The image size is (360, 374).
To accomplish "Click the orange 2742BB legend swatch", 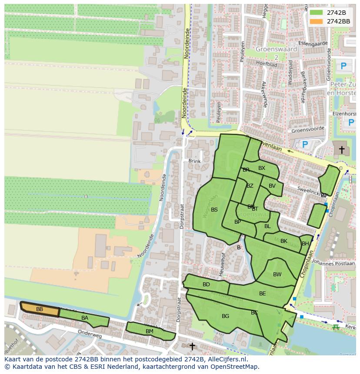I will pos(317,21).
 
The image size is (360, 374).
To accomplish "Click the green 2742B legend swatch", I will pos(317,13).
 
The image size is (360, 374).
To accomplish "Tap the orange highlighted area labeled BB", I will pos(40,309).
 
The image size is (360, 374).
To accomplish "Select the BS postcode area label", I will pos(214,210).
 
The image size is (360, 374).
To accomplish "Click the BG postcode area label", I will pos(225,316).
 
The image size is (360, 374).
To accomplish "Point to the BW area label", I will pos(277,275).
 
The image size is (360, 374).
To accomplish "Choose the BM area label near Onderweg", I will pos(150,331).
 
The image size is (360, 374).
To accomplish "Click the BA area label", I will pos(85,318).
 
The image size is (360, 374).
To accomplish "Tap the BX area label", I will pos(262,168).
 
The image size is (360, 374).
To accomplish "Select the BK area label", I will pos(284,241).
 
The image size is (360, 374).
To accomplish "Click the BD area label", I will pos(206,285).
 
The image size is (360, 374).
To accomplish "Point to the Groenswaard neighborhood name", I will pos(277,49).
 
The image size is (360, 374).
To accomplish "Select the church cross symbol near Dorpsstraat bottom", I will pos(192,346).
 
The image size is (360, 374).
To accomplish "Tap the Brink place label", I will pos(195,161).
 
